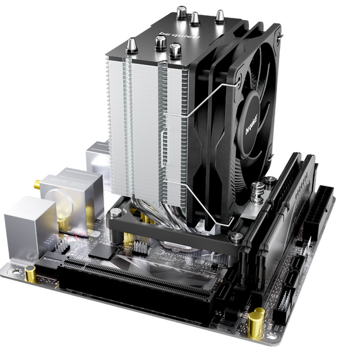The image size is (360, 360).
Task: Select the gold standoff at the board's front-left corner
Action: [30, 273]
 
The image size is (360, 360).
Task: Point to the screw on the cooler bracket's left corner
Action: [114, 213]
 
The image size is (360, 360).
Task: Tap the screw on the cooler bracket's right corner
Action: [235, 237]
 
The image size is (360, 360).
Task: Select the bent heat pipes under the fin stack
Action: [167, 212]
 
